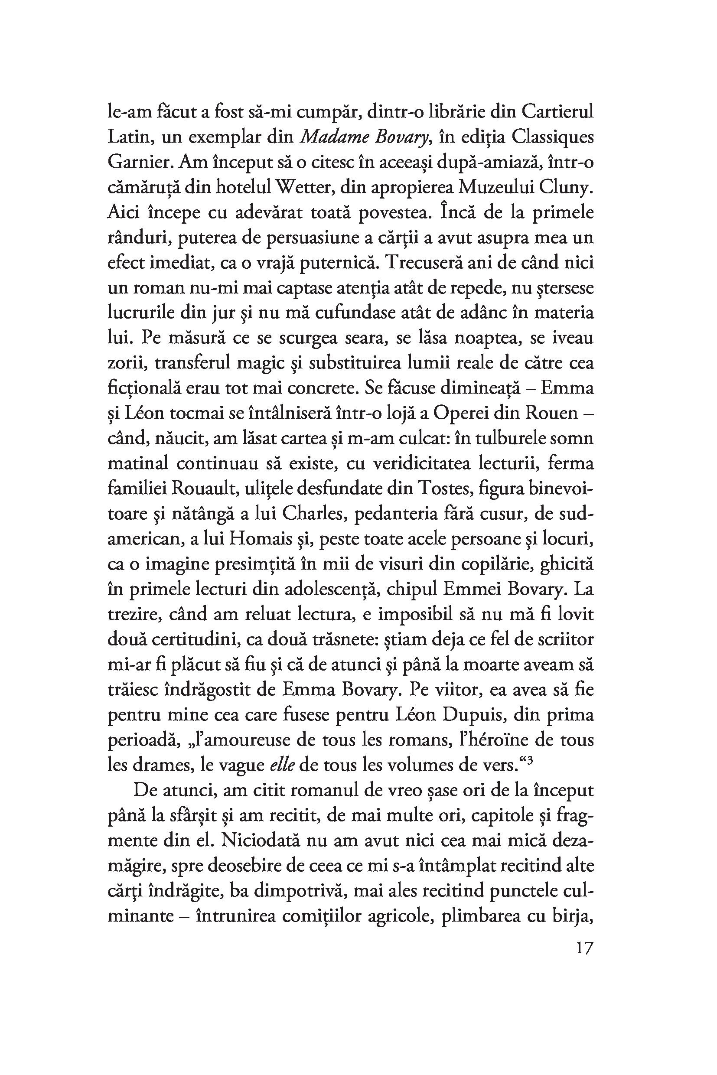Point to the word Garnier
click(x=141, y=162)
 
